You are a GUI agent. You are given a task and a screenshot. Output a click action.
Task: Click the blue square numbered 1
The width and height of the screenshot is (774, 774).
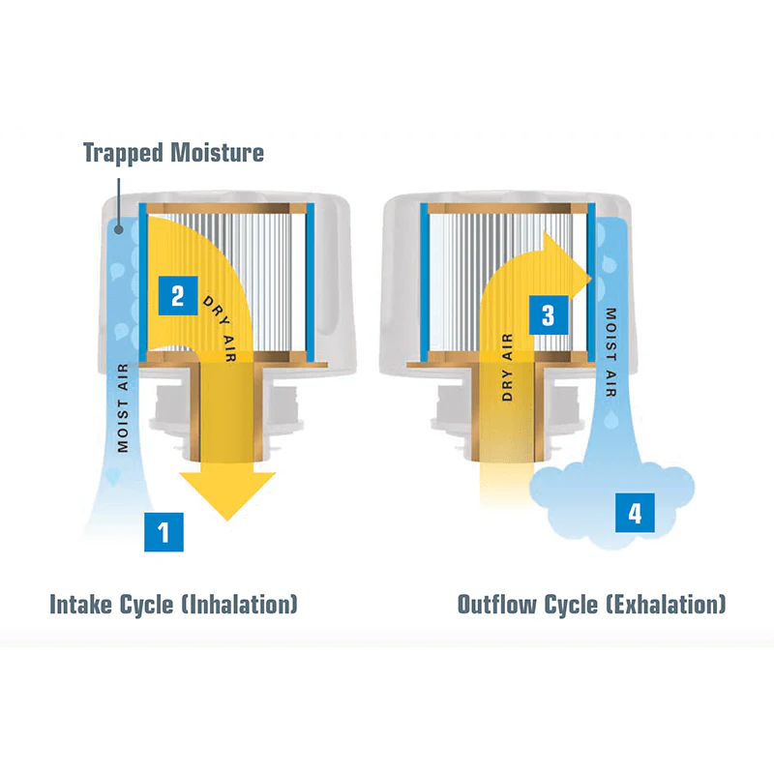click(x=164, y=531)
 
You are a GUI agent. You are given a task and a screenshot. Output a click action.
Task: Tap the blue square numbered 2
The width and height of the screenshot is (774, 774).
click(x=178, y=296)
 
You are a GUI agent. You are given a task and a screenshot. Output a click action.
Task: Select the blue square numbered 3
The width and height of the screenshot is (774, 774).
click(x=549, y=315)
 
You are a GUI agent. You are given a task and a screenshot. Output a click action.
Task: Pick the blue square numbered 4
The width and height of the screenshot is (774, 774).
click(x=635, y=513)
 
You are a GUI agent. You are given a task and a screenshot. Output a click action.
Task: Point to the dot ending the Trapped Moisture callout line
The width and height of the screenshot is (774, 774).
click(x=118, y=229)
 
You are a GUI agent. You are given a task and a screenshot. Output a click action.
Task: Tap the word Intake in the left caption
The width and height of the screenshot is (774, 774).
click(x=80, y=604)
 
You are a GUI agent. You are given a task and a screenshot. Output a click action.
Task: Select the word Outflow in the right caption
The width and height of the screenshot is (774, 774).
click(x=496, y=604)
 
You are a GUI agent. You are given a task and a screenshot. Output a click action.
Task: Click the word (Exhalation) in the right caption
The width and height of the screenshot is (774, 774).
click(x=666, y=604)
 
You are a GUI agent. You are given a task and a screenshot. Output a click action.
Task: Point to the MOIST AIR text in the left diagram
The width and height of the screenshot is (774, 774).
click(x=123, y=407)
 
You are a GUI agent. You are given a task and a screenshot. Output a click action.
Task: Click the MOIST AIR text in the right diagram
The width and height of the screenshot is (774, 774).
click(x=611, y=352)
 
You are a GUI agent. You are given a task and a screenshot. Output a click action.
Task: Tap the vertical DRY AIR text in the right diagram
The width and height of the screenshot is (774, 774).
click(x=507, y=367)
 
